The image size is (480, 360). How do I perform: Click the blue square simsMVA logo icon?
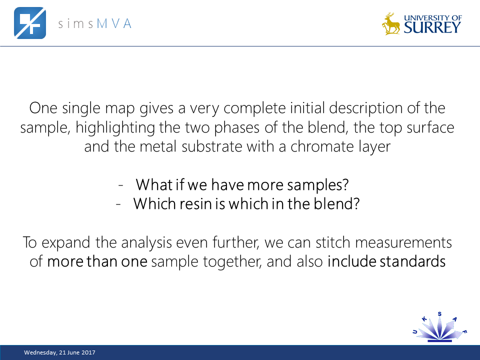(x=29, y=22)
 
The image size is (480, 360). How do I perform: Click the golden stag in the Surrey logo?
(x=391, y=23)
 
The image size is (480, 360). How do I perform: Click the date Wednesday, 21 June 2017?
(x=60, y=353)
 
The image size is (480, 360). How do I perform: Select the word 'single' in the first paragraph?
(x=78, y=108)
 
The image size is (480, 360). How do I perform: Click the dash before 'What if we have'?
(x=121, y=185)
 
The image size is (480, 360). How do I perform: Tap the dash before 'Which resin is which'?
(x=118, y=205)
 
